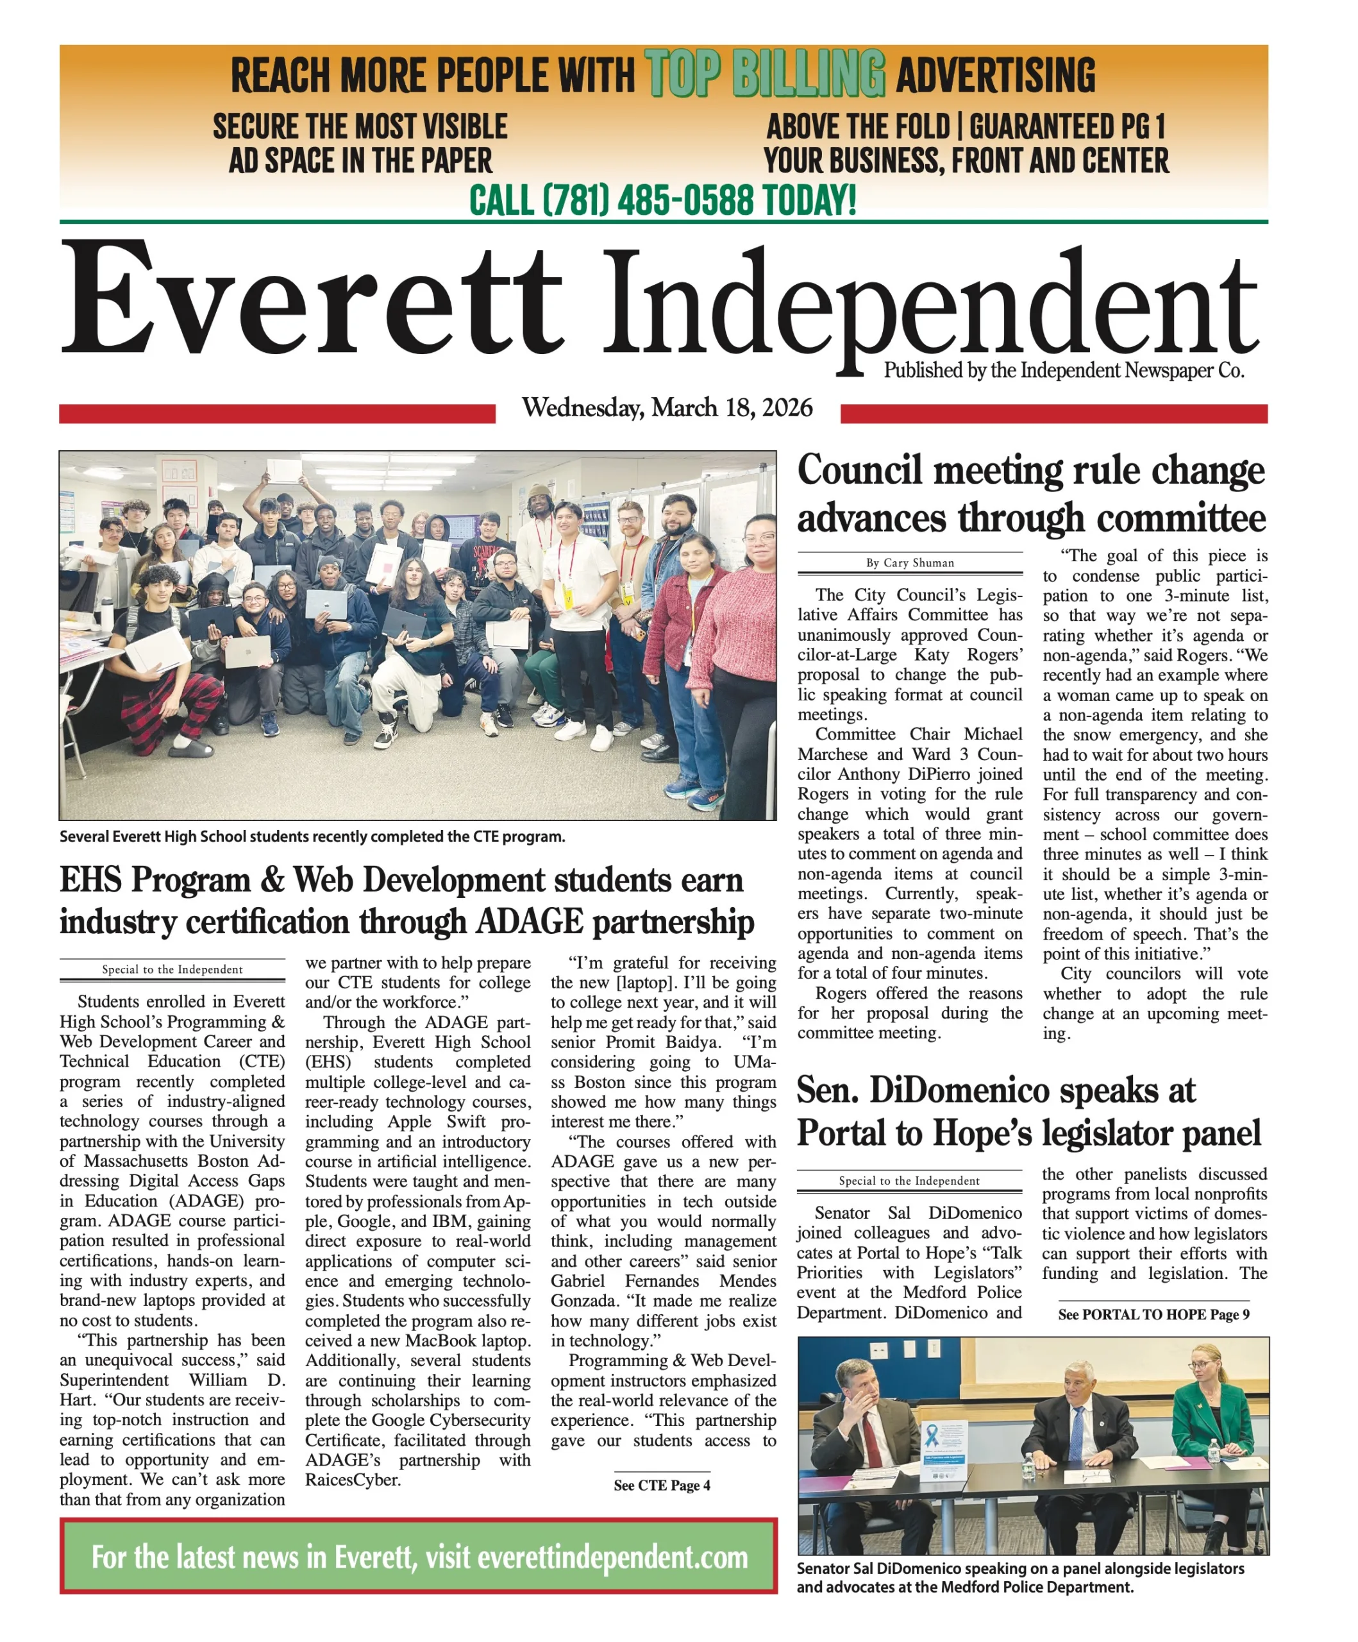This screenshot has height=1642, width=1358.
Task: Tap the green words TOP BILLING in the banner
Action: point(765,74)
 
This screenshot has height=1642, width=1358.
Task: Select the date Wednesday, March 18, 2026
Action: point(667,408)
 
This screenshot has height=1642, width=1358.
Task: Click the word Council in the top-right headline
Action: point(859,471)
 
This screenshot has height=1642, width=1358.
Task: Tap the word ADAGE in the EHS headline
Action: point(528,922)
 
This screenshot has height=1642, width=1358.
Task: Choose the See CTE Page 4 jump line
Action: point(662,1485)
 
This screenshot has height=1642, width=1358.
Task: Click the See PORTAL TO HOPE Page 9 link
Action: point(1153,1314)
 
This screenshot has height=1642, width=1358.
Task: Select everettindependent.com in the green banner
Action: point(612,1557)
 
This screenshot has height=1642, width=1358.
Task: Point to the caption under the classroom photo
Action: point(312,836)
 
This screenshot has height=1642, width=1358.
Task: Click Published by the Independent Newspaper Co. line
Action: point(1063,371)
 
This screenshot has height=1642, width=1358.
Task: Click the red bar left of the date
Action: point(277,413)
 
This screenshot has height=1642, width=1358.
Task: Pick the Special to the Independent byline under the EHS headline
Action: point(172,970)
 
